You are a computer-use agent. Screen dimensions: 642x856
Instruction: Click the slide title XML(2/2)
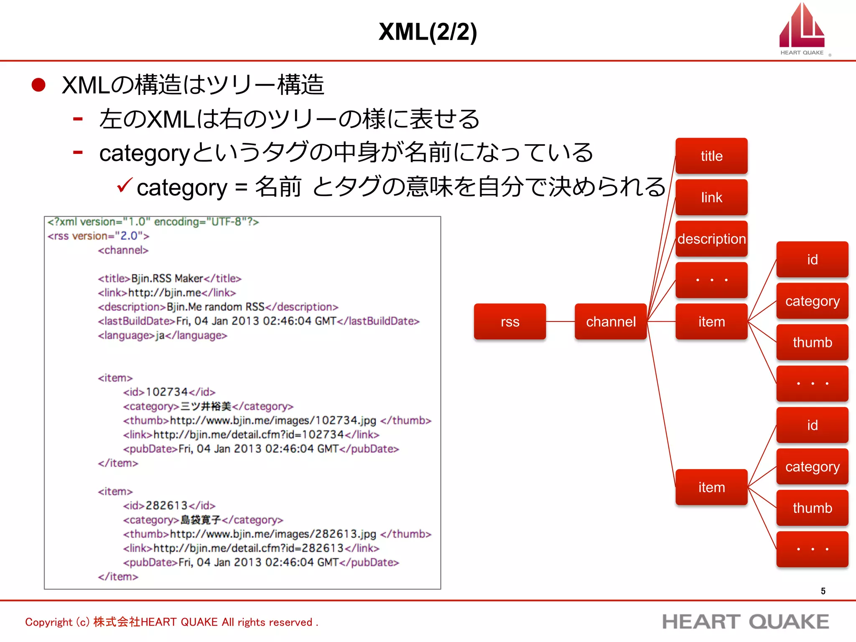[x=427, y=32]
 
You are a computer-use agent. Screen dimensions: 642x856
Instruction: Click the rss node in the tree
[x=510, y=321]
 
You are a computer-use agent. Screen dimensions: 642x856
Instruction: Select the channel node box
[x=610, y=321]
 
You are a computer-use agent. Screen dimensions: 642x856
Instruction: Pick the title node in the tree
[x=711, y=156]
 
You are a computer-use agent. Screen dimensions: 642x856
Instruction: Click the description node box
[x=711, y=239]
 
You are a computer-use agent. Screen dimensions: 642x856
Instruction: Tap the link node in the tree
[x=711, y=197]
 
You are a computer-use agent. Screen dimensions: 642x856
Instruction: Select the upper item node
[x=711, y=321]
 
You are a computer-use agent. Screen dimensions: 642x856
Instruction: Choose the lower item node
[x=711, y=487]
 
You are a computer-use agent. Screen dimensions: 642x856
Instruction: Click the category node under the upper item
[x=812, y=301]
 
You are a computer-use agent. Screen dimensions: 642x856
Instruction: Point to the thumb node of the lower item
[x=812, y=508]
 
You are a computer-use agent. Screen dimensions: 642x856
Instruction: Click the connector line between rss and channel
[x=560, y=321]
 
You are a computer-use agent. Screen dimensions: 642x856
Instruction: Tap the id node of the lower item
[x=812, y=425]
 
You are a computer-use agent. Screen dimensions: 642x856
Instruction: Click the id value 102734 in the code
[x=166, y=392]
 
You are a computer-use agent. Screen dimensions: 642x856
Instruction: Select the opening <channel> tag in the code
[x=123, y=250]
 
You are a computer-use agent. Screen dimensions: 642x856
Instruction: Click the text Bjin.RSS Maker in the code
[x=167, y=278]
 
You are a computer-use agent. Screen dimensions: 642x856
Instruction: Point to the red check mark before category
[x=125, y=185]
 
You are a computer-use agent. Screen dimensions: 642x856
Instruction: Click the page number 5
[x=823, y=591]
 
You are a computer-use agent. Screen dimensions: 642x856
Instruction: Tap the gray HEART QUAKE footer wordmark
[x=745, y=622]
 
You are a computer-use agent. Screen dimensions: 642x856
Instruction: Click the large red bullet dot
[x=38, y=85]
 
